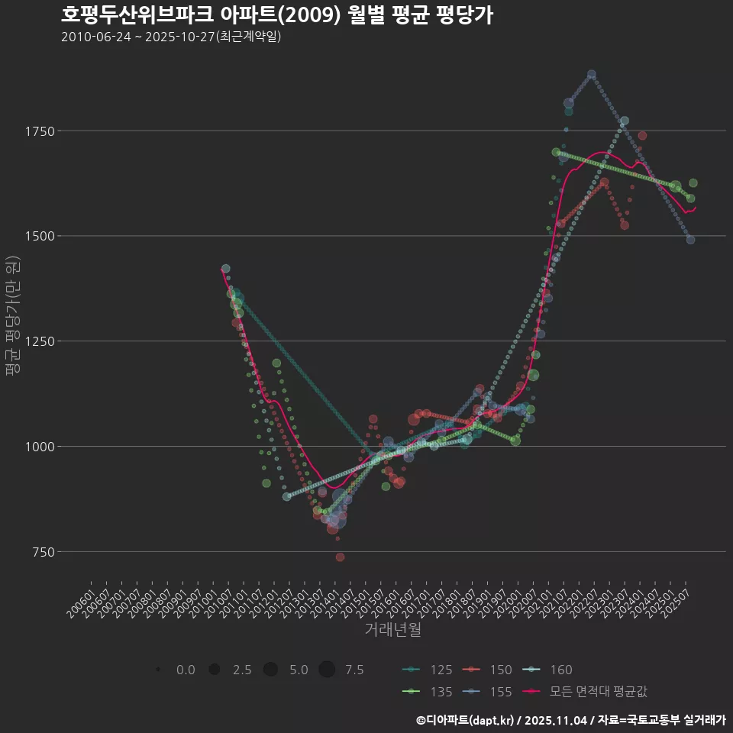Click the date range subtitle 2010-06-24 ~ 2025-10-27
click(x=171, y=37)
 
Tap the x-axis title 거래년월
click(x=392, y=630)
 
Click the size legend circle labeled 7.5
click(x=327, y=670)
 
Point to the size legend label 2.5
click(x=242, y=670)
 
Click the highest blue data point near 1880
click(x=591, y=75)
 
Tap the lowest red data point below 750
click(x=340, y=557)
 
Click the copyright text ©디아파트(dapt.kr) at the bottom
click(x=466, y=719)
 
